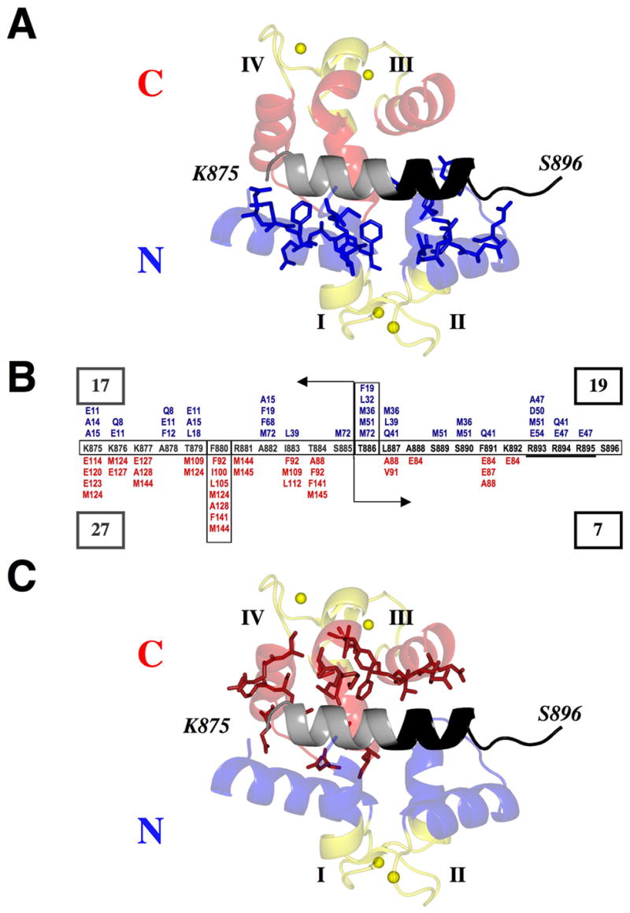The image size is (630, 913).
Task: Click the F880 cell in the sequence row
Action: coord(218,447)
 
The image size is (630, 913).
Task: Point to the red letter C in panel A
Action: coord(150,81)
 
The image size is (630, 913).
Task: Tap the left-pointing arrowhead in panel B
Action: coord(302,382)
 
